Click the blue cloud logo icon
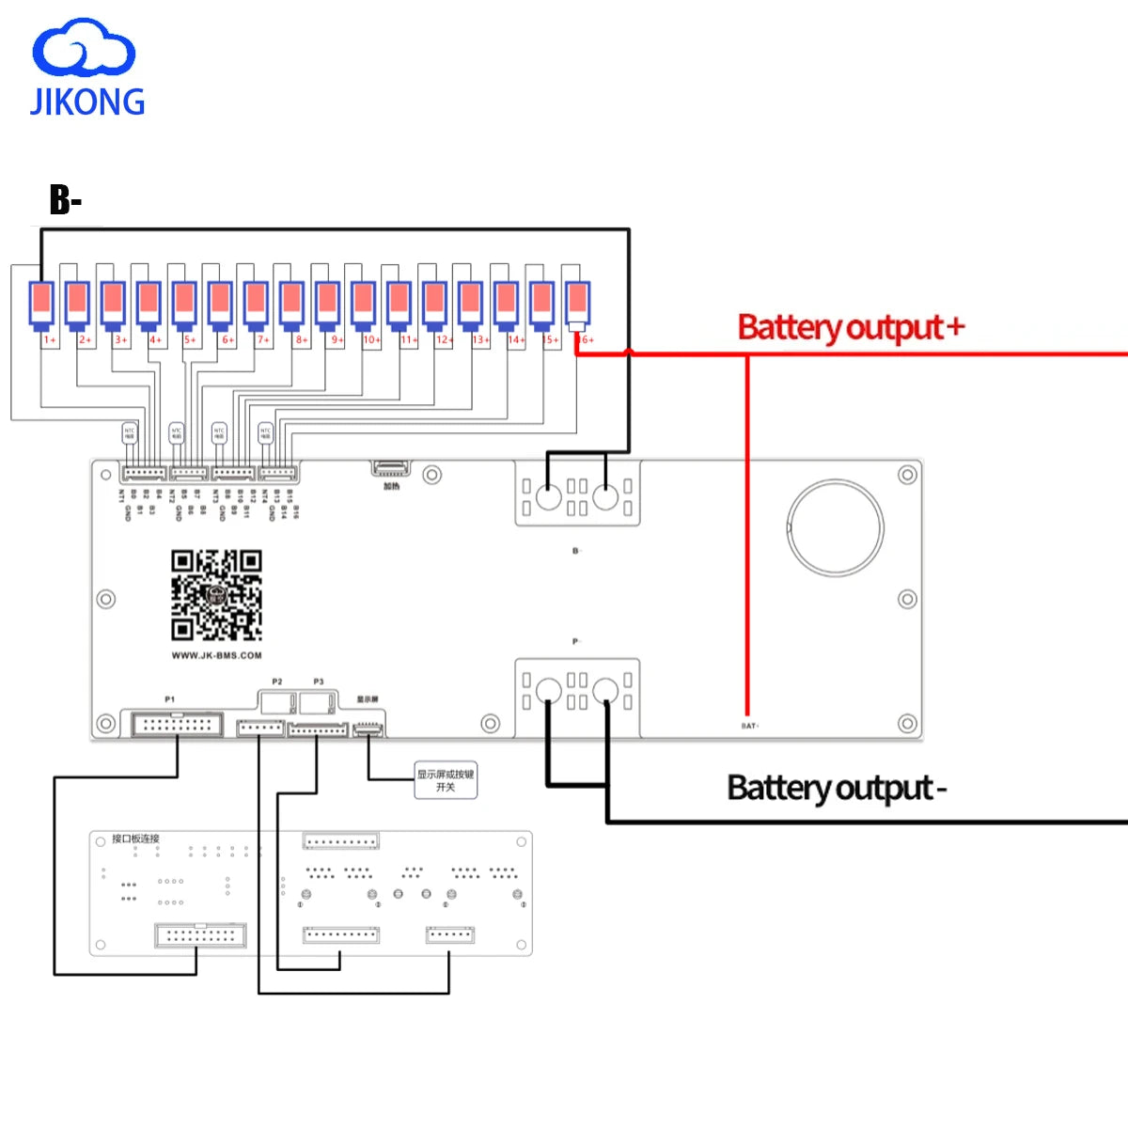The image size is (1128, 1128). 84,48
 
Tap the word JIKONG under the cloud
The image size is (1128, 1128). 87,102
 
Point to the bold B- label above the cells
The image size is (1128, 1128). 65,199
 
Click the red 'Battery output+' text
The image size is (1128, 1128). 851,328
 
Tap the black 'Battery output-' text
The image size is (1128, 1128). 836,788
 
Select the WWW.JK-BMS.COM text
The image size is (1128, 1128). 216,655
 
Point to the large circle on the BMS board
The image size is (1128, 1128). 835,528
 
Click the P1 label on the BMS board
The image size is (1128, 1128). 169,699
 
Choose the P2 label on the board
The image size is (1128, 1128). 276,681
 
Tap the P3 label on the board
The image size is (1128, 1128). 319,681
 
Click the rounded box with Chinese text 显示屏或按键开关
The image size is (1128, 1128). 446,780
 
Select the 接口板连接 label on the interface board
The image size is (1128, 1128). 135,838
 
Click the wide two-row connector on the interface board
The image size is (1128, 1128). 200,934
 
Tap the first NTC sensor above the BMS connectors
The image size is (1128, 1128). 130,433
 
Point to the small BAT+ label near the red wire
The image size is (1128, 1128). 749,726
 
